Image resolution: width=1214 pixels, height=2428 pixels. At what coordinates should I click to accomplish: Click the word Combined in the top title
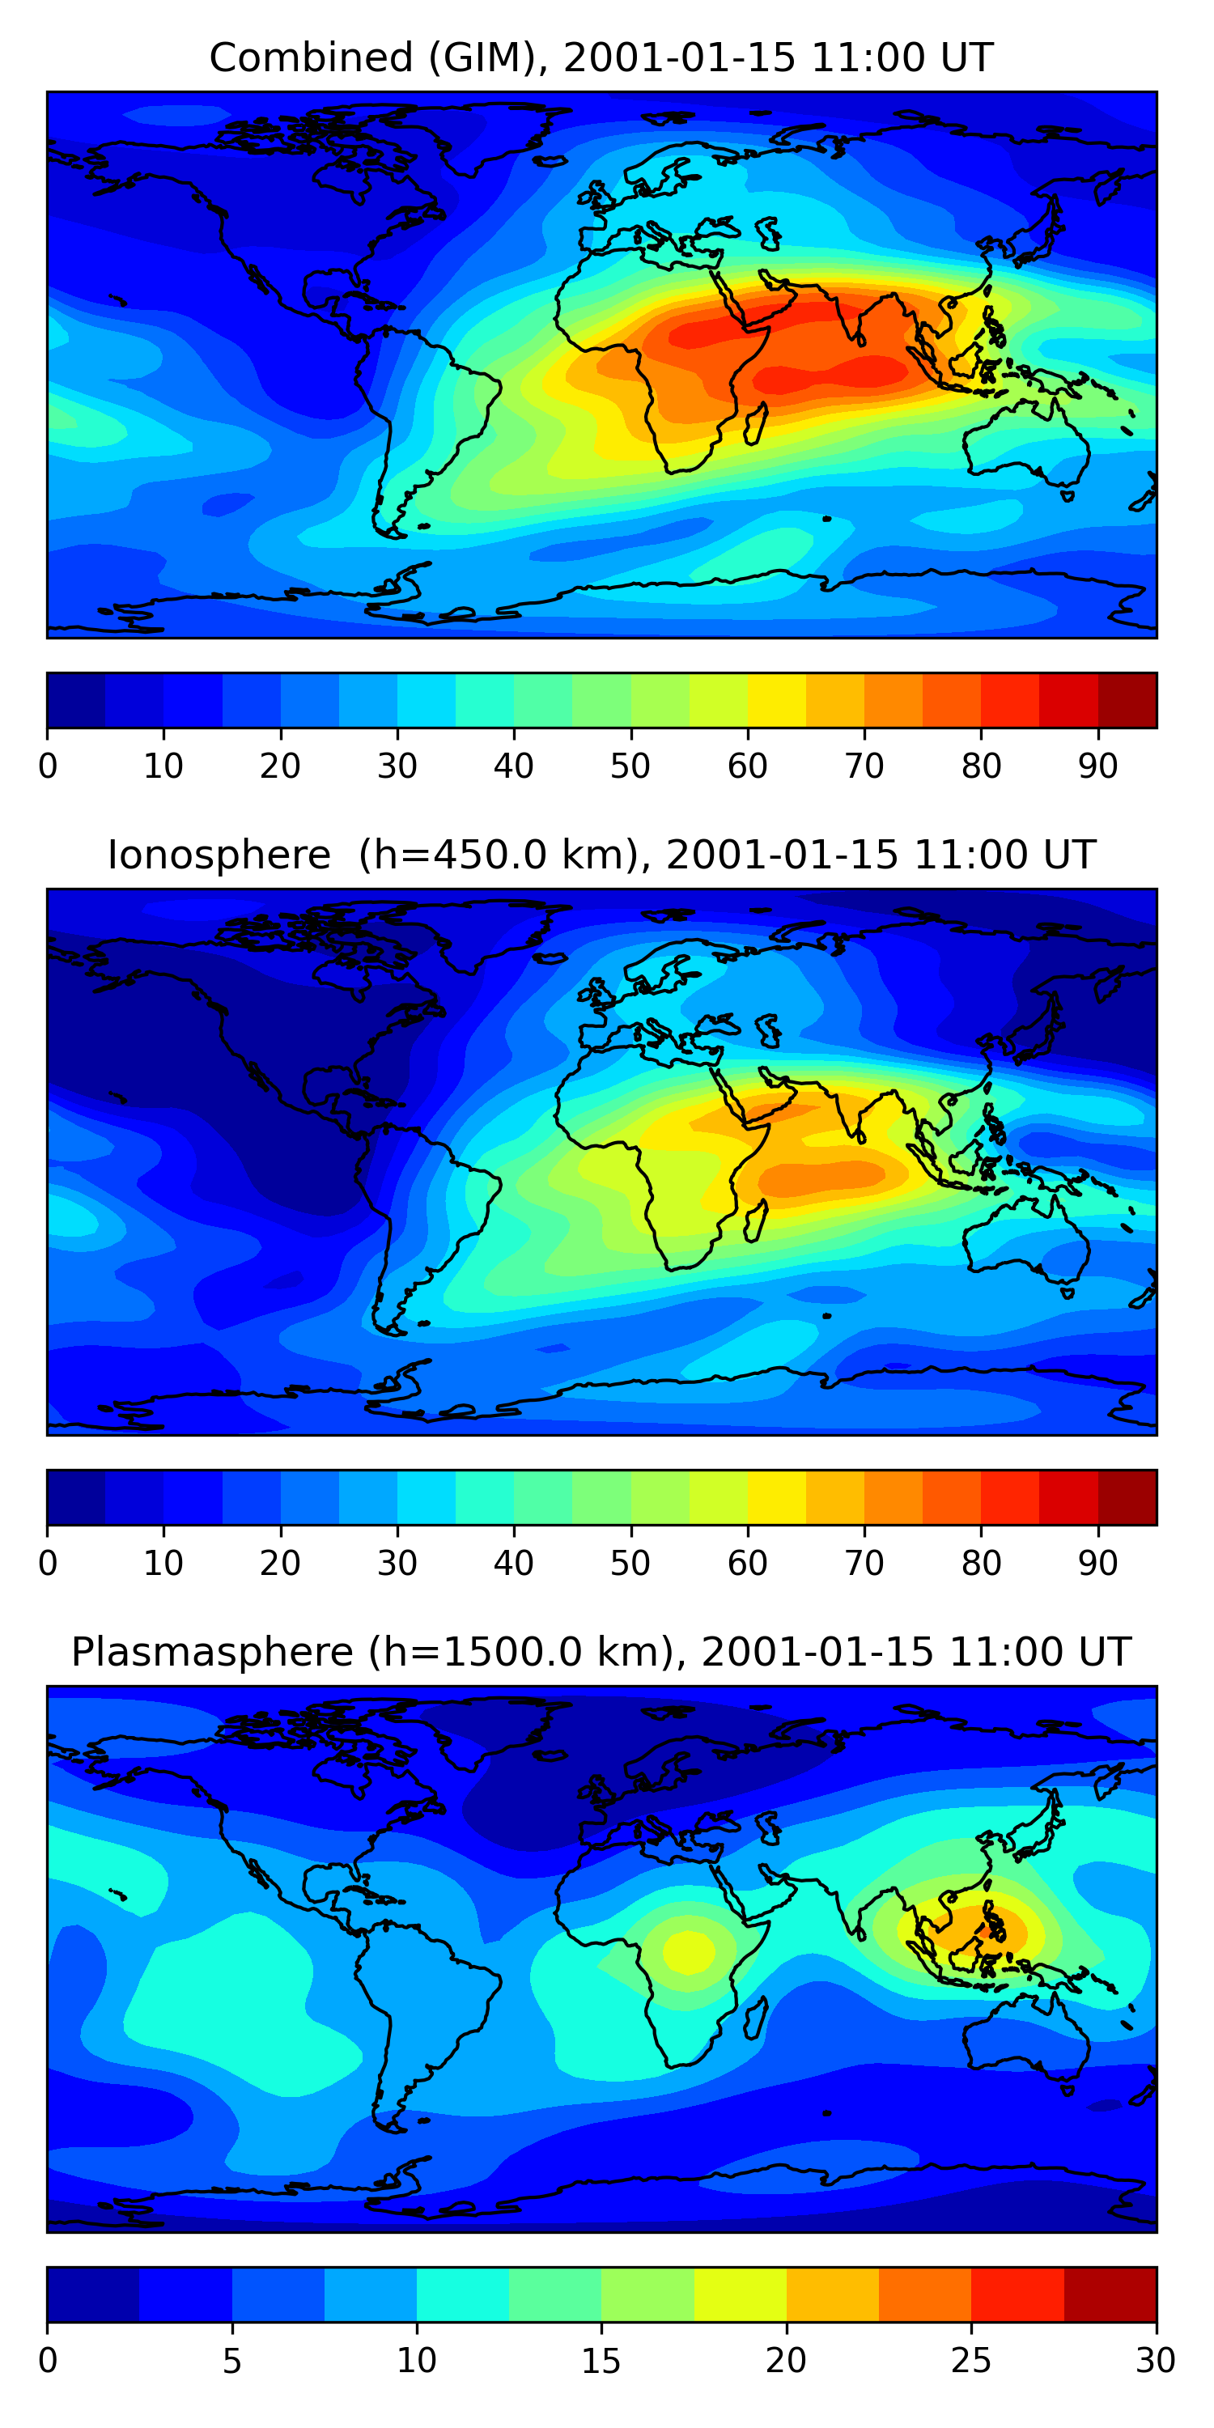pos(311,57)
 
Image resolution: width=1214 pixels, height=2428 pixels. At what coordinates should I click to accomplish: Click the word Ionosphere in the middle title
pos(219,855)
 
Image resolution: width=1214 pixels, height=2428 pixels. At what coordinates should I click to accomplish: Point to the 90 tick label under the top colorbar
pos(1098,766)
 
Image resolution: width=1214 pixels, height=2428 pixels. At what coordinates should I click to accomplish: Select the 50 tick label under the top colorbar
pos(630,766)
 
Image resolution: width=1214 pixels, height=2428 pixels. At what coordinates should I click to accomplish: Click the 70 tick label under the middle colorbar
pos(864,1563)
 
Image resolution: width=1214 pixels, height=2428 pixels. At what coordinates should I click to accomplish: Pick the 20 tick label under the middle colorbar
pos(280,1563)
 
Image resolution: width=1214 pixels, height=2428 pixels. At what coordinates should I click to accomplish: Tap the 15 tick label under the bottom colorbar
pos(601,2360)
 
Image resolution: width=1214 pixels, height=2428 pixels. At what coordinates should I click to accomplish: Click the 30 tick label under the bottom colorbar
pos(1156,2360)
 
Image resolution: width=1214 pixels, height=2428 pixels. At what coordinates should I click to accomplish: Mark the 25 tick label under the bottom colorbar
pos(971,2360)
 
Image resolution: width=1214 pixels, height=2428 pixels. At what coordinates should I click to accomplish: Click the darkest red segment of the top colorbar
pos(1127,700)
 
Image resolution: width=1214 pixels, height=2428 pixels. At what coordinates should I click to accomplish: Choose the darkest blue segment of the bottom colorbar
pos(93,2295)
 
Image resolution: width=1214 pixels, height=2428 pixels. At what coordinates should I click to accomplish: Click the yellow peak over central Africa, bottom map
pos(689,1951)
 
